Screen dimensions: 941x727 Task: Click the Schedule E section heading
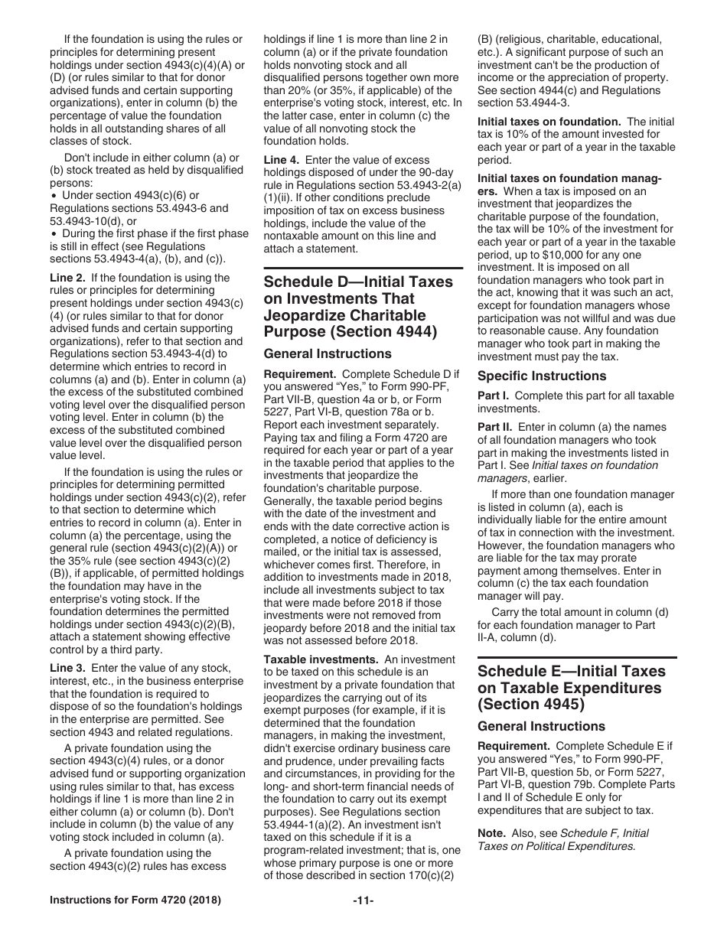[x=571, y=688]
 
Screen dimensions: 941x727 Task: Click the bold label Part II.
[x=495, y=427]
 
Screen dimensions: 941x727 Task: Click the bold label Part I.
[x=494, y=396]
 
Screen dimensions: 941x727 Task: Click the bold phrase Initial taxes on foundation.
[x=549, y=122]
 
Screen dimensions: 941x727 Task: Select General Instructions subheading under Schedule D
[x=328, y=354]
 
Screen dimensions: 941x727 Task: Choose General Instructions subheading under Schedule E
[x=541, y=726]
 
